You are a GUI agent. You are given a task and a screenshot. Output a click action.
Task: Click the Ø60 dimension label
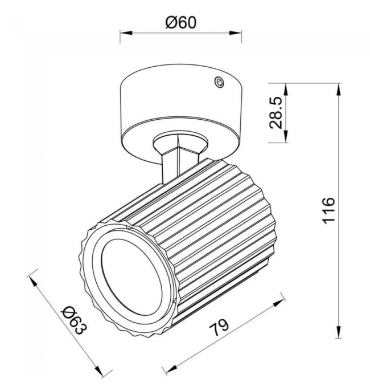(x=181, y=23)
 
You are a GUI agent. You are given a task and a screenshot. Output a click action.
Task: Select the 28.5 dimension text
(x=276, y=113)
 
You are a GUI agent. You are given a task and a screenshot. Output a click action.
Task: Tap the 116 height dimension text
(x=328, y=210)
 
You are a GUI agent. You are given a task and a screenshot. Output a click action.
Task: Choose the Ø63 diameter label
(x=75, y=320)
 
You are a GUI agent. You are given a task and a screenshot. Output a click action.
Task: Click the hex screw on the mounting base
(x=219, y=82)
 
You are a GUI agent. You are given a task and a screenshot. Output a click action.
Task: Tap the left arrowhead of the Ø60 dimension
(x=126, y=32)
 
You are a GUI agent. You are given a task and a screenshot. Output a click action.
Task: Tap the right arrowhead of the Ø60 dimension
(x=235, y=32)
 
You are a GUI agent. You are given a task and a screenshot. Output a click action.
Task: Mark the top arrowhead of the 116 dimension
(x=339, y=89)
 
